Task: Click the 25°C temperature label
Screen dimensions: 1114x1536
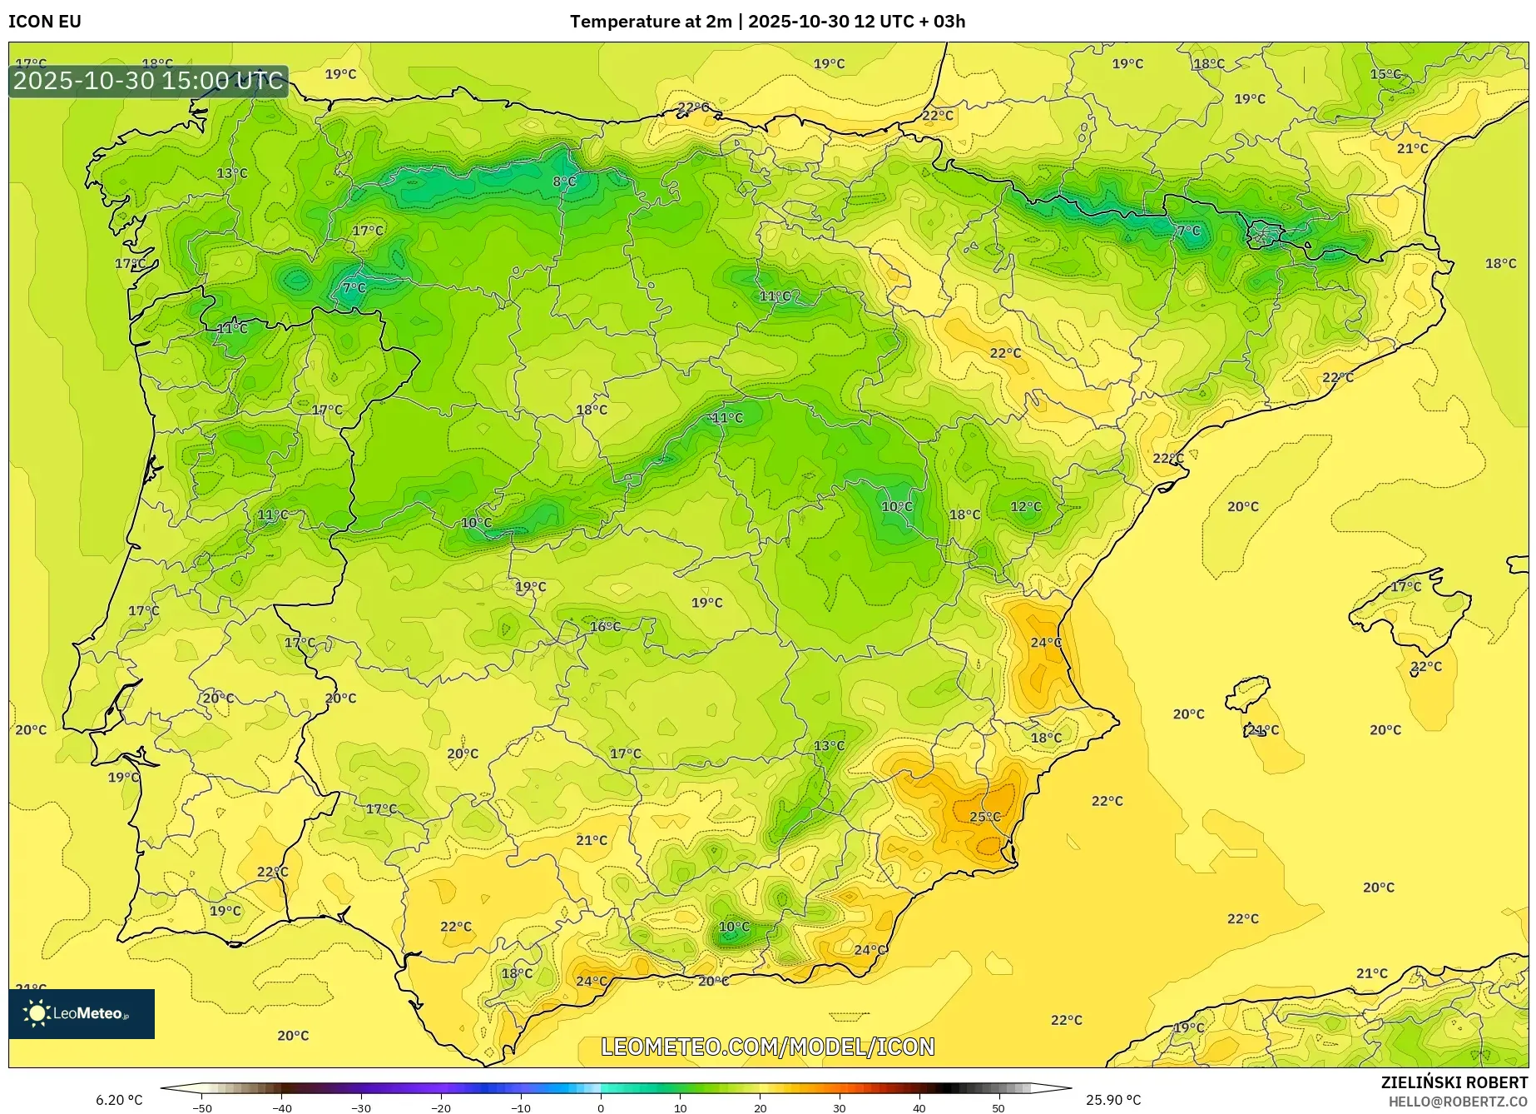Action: (985, 817)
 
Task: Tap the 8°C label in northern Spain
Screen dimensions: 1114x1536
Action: (564, 182)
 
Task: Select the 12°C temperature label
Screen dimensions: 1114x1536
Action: (1025, 507)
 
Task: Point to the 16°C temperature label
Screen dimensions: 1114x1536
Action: (605, 627)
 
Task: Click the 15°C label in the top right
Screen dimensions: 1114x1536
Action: (1385, 74)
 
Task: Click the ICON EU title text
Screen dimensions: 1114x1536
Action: (45, 22)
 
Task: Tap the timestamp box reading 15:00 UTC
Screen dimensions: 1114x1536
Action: (148, 81)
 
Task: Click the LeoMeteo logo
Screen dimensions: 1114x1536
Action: (81, 1013)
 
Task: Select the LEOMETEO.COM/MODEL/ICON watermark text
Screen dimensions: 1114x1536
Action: (767, 1047)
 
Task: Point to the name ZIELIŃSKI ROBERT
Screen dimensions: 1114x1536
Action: (1454, 1083)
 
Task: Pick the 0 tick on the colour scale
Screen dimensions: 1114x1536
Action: (601, 1108)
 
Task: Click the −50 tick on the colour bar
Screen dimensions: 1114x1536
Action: (201, 1108)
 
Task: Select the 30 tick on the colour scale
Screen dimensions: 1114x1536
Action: (839, 1108)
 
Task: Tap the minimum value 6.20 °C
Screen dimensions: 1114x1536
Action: (119, 1100)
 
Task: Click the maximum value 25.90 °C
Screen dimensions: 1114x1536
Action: (1113, 1100)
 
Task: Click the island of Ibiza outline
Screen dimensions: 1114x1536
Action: (1248, 694)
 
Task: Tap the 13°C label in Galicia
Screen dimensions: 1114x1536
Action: (232, 173)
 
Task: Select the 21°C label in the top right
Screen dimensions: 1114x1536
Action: (1412, 149)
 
